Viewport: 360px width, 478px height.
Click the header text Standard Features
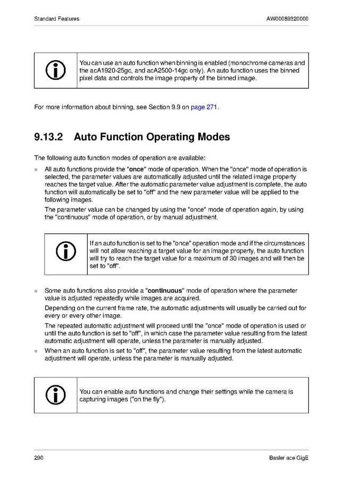coord(56,19)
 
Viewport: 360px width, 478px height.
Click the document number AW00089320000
coord(287,19)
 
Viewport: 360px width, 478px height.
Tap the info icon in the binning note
coord(56,70)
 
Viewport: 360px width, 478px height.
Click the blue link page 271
coord(204,107)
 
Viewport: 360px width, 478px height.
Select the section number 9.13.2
coord(48,137)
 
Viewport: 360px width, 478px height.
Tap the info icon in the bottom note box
coord(56,395)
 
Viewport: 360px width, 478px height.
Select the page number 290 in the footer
coord(39,458)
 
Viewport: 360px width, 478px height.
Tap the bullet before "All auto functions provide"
coord(36,170)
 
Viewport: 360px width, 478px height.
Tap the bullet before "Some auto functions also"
coord(36,291)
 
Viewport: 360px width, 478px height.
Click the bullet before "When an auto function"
coord(36,351)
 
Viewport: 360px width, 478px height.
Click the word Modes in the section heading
coord(214,137)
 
